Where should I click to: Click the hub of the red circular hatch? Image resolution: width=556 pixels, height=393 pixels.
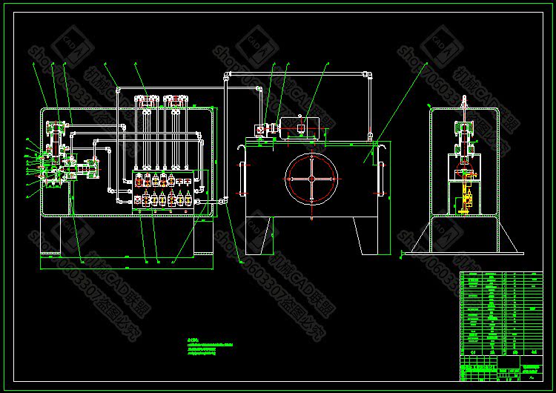click(x=311, y=179)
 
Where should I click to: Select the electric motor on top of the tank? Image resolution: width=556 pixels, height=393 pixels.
click(x=299, y=128)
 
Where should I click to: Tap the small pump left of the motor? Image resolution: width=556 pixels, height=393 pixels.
click(x=259, y=131)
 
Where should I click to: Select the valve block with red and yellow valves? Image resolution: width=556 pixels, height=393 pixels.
click(x=164, y=191)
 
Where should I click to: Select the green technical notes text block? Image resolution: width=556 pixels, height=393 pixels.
click(x=214, y=349)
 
